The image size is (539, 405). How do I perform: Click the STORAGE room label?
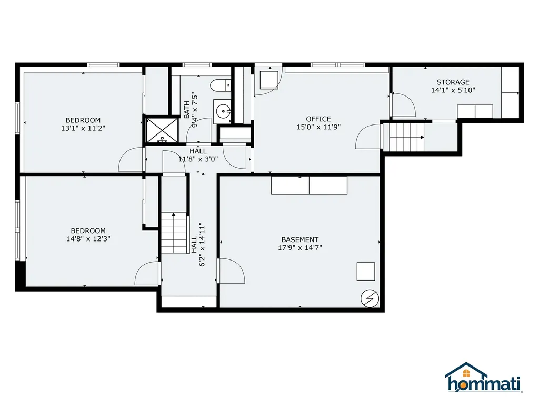coord(453,82)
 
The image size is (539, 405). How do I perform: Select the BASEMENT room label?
coord(300,239)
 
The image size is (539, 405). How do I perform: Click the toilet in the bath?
coord(220,84)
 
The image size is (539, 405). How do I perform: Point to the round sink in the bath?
coord(224,111)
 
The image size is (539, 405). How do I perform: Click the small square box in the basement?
coord(366,271)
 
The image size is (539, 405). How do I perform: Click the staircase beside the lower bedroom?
coord(174,233)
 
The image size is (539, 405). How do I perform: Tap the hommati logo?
coord(483,378)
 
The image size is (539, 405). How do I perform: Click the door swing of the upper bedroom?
coord(131,160)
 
